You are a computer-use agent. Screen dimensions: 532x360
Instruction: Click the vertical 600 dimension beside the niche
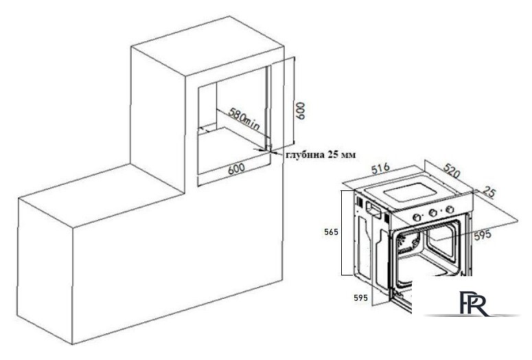[300, 110]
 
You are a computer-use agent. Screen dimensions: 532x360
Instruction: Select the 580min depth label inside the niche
[243, 120]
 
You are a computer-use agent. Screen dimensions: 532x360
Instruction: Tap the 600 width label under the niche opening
[236, 168]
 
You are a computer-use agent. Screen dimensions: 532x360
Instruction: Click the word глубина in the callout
[305, 155]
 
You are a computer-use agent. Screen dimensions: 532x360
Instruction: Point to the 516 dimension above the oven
[381, 169]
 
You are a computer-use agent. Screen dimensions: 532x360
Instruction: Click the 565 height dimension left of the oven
[331, 232]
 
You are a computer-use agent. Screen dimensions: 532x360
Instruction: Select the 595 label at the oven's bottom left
[360, 298]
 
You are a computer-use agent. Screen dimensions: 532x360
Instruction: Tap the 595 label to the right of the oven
[483, 235]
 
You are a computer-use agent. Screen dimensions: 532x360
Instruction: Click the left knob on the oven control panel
[417, 217]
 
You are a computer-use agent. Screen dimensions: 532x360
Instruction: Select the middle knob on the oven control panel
[433, 213]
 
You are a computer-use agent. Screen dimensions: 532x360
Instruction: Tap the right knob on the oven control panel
[450, 209]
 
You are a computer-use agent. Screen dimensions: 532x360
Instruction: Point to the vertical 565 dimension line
[342, 233]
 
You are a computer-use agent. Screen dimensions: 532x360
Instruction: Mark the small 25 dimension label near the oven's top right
[489, 192]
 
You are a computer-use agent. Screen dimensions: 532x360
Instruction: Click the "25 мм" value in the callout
[342, 155]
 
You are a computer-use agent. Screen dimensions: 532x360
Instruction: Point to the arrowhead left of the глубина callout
[277, 153]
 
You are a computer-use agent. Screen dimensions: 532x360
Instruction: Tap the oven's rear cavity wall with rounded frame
[442, 242]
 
